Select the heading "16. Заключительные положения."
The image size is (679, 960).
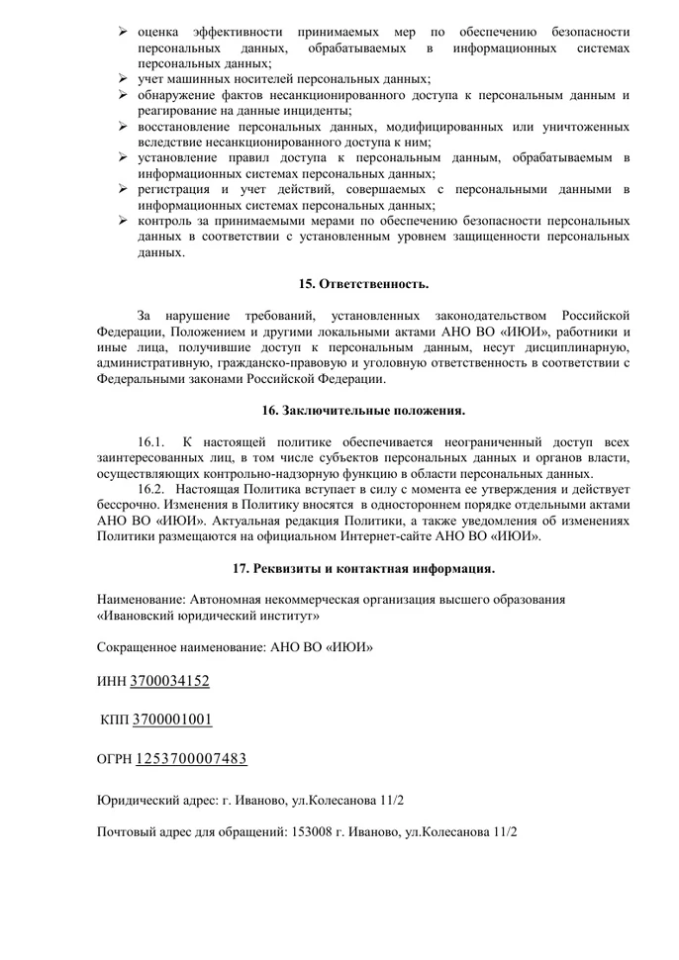pyautogui.click(x=363, y=410)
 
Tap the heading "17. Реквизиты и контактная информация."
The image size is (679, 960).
pyautogui.click(x=363, y=568)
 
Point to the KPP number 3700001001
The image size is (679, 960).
pyautogui.click(x=172, y=720)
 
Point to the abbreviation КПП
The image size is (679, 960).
pyautogui.click(x=115, y=720)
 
